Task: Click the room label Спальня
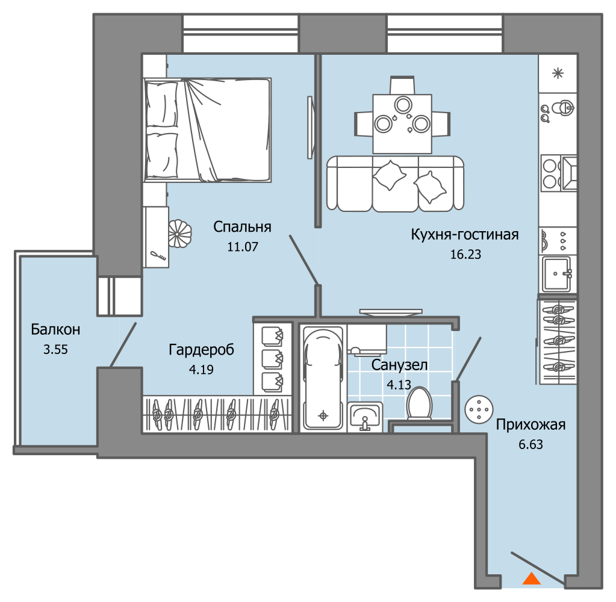[x=242, y=228]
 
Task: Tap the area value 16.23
[x=465, y=255]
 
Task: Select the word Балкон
[x=55, y=329]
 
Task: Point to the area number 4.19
[x=201, y=370]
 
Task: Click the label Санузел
[x=399, y=365]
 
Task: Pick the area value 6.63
[x=530, y=444]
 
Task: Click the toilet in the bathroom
[x=419, y=403]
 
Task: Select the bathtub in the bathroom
[x=323, y=378]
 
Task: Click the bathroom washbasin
[x=365, y=416]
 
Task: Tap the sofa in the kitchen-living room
[x=395, y=184]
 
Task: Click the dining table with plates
[x=402, y=123]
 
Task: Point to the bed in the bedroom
[x=207, y=130]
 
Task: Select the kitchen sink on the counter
[x=558, y=274]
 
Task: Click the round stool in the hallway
[x=479, y=409]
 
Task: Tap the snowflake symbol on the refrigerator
[x=558, y=73]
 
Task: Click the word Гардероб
[x=201, y=350]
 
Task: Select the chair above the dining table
[x=402, y=85]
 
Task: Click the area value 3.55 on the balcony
[x=55, y=349]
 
